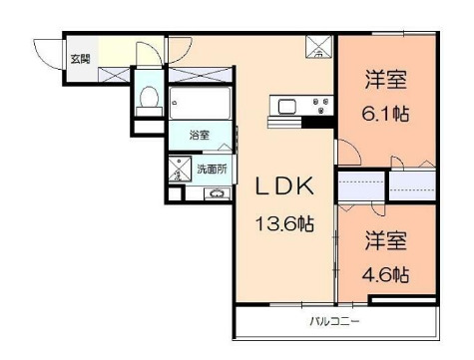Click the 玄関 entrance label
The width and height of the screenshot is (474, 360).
click(x=79, y=59)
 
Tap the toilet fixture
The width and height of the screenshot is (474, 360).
click(x=148, y=97)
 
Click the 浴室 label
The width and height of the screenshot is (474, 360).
click(x=200, y=135)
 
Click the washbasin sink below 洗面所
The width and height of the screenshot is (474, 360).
click(x=214, y=193)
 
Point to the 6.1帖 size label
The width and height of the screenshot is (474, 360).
click(x=385, y=114)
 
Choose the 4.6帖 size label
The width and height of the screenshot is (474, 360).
click(x=385, y=272)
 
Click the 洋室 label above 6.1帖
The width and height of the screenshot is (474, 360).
click(x=385, y=77)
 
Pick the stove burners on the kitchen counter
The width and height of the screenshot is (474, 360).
click(x=321, y=104)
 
